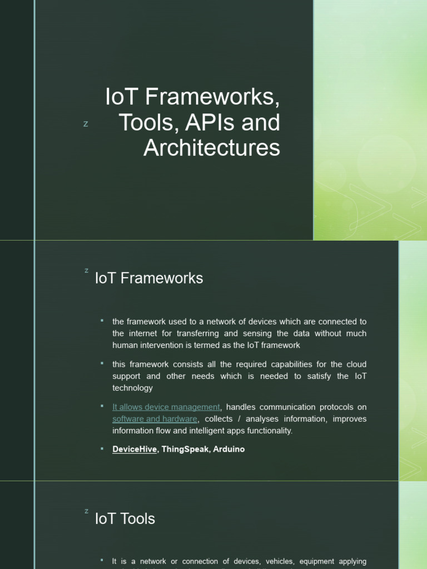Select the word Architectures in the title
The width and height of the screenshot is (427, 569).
pyautogui.click(x=212, y=148)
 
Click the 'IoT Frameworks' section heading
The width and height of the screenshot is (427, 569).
pyautogui.click(x=149, y=278)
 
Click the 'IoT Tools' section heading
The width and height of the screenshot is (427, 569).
pyautogui.click(x=125, y=519)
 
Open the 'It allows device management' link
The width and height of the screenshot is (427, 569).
pyautogui.click(x=166, y=407)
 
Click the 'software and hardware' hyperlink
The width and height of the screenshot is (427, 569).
pyautogui.click(x=155, y=419)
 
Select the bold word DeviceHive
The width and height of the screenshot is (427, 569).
pyautogui.click(x=135, y=449)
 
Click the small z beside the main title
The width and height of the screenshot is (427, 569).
pyautogui.click(x=86, y=124)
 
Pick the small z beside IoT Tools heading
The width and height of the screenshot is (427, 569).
pyautogui.click(x=86, y=511)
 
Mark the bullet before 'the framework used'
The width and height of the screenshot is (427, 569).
pyautogui.click(x=102, y=321)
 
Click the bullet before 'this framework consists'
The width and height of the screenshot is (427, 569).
pyautogui.click(x=102, y=363)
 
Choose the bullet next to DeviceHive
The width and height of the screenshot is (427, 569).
pyautogui.click(x=102, y=448)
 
